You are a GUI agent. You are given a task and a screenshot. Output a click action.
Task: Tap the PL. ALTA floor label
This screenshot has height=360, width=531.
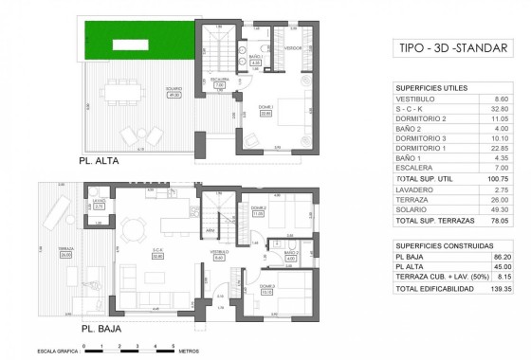(101, 160)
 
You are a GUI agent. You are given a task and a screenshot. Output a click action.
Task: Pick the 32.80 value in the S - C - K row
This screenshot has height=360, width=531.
(503, 110)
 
